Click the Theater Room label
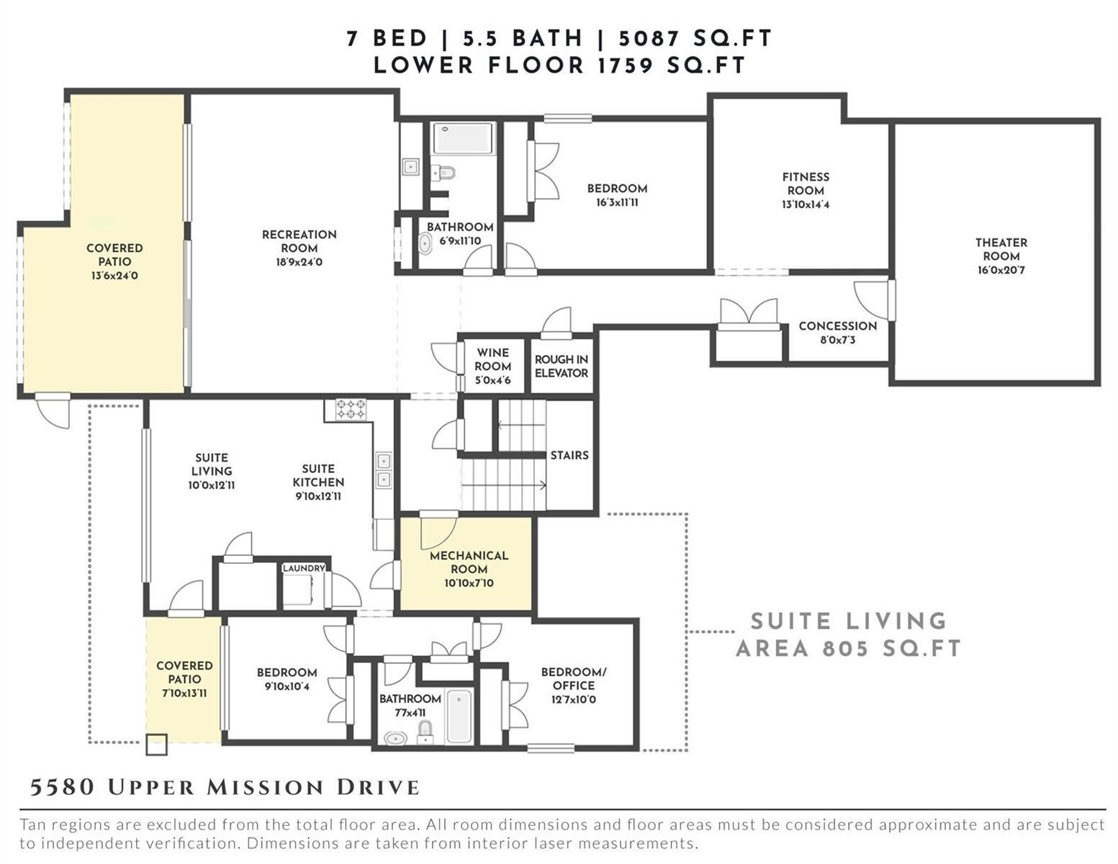click(x=1001, y=249)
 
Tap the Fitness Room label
click(x=806, y=184)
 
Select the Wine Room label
click(x=492, y=359)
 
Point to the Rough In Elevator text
click(x=562, y=366)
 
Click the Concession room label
click(x=837, y=325)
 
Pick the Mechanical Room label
click(x=469, y=562)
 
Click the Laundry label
click(x=304, y=567)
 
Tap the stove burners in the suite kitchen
click(x=351, y=409)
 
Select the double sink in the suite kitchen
click(x=383, y=470)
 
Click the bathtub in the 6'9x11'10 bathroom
click(x=463, y=138)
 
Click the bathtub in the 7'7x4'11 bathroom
click(x=459, y=717)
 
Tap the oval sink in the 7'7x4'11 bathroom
click(x=395, y=739)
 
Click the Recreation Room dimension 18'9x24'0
click(x=299, y=262)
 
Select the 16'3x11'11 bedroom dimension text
click(x=617, y=202)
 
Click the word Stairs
click(x=569, y=455)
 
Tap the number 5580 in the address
click(x=62, y=787)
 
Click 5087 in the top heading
click(x=650, y=38)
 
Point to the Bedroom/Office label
click(x=574, y=678)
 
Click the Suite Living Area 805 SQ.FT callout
click(x=849, y=634)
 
